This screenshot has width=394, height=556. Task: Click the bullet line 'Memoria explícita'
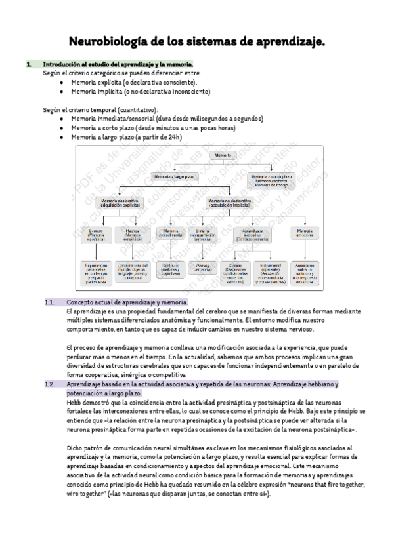coord(133,83)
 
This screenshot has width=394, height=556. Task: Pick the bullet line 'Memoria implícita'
coord(141,92)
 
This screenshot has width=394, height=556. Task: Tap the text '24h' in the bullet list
coord(173,138)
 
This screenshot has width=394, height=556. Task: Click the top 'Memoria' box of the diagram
coord(223,155)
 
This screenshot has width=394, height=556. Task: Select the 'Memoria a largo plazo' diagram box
coord(174,177)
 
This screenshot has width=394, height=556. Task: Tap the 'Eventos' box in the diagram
coord(97,235)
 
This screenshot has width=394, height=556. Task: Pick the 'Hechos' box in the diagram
coord(133,235)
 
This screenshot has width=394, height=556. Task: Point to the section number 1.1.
coord(49,302)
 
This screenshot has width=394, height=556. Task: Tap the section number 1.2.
coord(49,384)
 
